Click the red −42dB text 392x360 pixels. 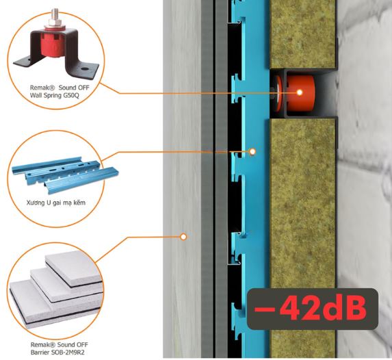[311, 308]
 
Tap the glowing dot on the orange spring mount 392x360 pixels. [299, 92]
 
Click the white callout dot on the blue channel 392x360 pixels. [252, 151]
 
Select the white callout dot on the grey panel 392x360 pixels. [183, 237]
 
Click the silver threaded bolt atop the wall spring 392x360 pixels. [55, 16]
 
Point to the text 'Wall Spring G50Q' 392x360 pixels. [55, 95]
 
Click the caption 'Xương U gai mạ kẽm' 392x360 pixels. [56, 203]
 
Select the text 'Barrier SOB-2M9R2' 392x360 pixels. [57, 352]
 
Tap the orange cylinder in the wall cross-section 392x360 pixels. [300, 93]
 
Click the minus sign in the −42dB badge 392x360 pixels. [265, 309]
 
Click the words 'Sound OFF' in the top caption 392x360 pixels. [74, 88]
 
